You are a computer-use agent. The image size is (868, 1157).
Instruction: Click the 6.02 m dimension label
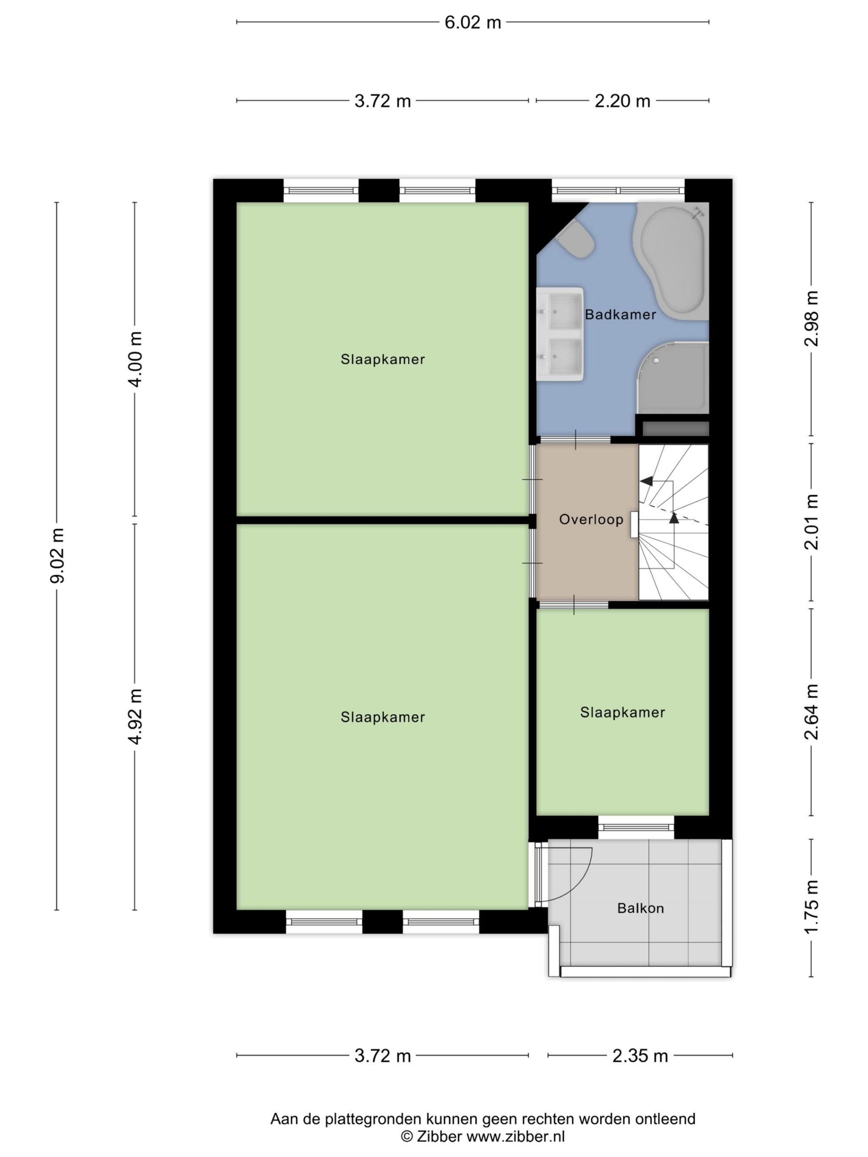point(473,23)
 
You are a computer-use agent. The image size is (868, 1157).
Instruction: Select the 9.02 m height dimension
point(57,555)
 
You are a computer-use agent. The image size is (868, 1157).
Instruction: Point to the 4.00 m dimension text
point(135,359)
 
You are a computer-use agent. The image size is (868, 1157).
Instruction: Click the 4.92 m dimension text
point(135,716)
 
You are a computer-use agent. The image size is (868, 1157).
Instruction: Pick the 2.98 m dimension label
point(812,318)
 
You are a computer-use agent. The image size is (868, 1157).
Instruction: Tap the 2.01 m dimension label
point(812,521)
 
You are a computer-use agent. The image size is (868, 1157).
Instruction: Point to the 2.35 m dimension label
point(640,1056)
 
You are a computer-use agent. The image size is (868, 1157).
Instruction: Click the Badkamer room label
point(620,315)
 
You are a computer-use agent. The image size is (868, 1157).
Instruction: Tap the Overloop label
point(591,519)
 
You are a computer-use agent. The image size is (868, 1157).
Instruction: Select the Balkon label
point(641,908)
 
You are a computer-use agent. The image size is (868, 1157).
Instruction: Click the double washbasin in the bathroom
point(560,334)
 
